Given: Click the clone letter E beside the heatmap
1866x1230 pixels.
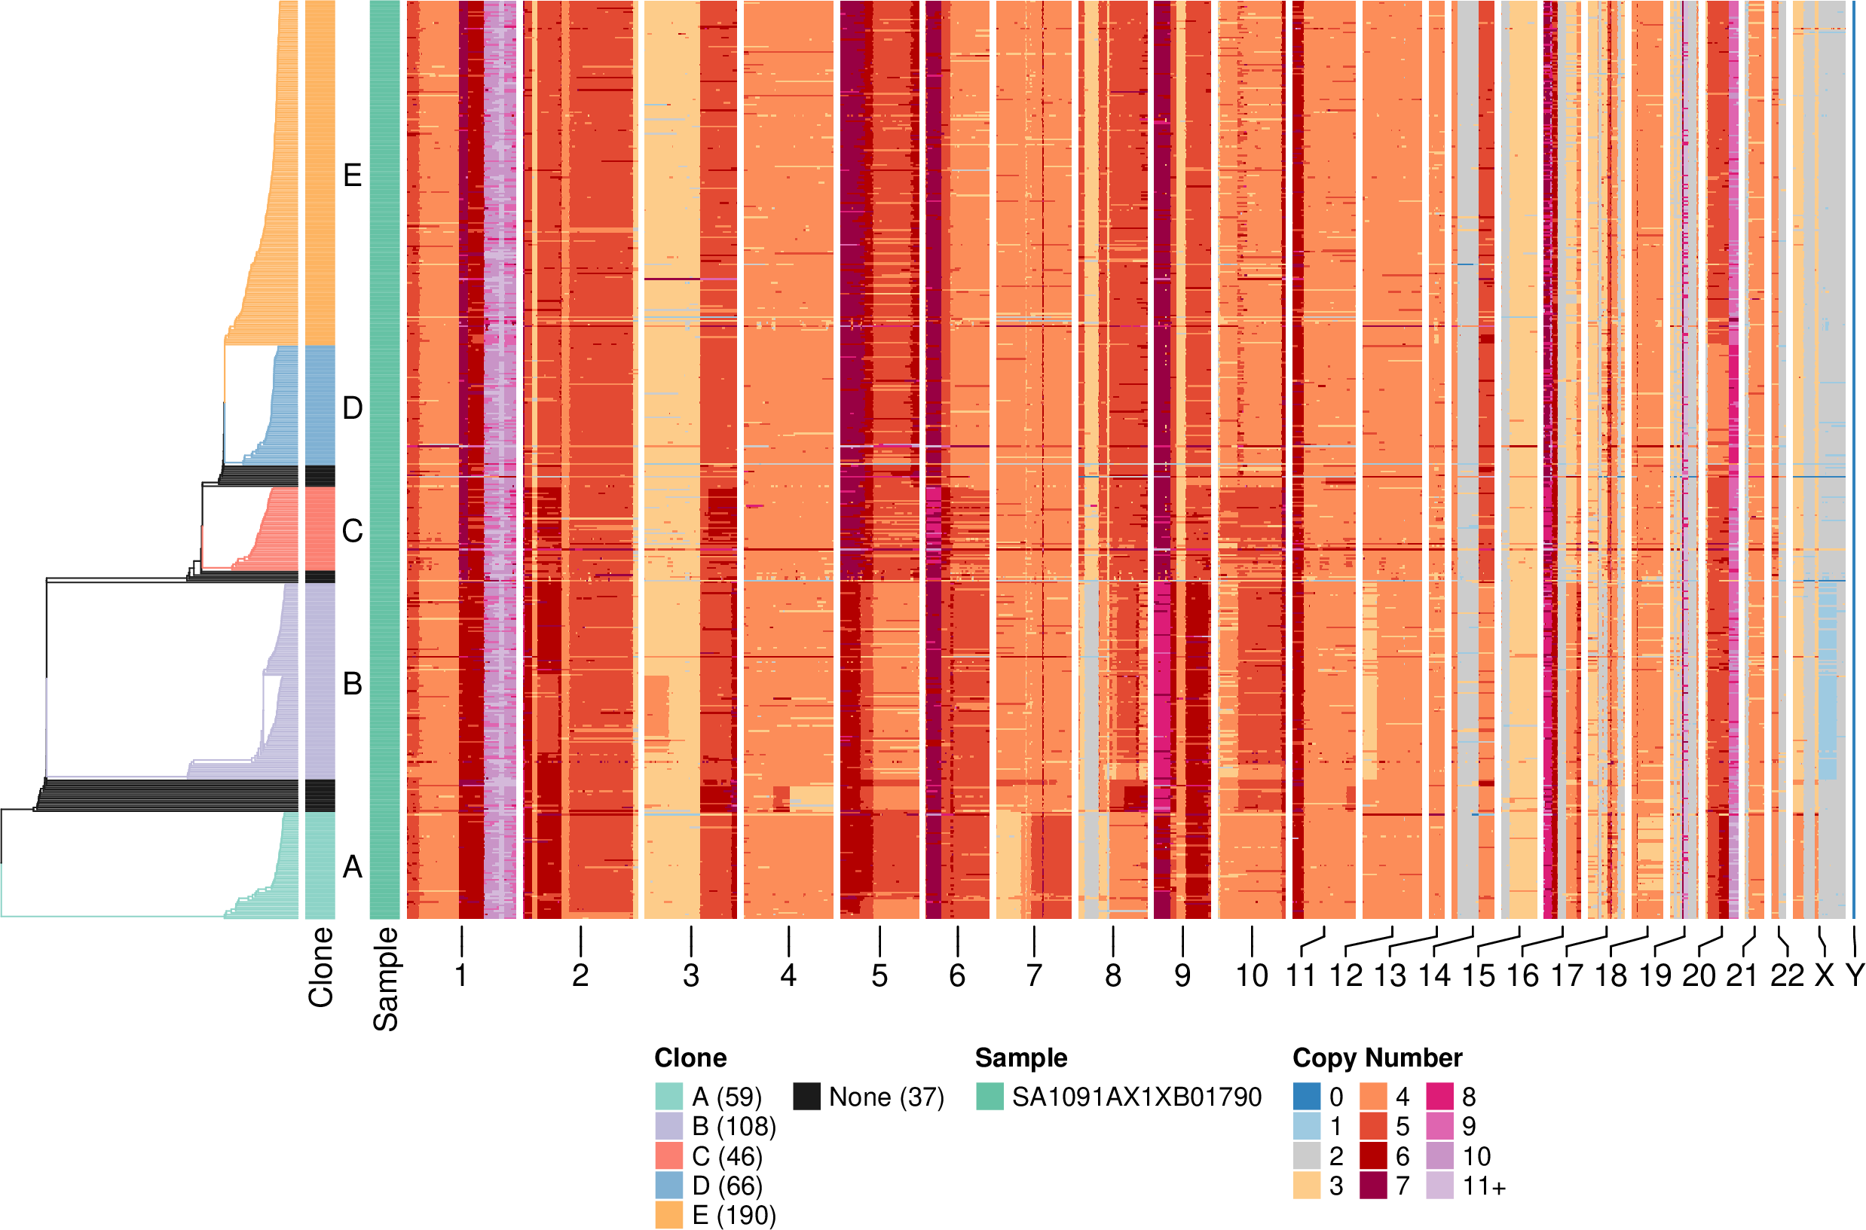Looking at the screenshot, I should pos(353,175).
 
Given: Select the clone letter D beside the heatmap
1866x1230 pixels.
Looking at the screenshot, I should pos(353,409).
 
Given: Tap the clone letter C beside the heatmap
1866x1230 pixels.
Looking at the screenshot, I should pos(353,531).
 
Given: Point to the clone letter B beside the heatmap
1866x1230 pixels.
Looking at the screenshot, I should pos(353,684).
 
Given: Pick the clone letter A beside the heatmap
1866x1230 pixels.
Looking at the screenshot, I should pos(353,867).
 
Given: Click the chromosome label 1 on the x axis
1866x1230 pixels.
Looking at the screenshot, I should pos(461,976).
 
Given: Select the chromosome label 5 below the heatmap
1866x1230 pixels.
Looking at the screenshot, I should pos(879,976).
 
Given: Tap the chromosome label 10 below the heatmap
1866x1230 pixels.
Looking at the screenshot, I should pos(1252,976).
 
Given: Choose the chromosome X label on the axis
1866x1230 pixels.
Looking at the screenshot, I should pos(1825,976).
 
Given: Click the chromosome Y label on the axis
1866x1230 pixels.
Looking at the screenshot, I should pos(1854,976).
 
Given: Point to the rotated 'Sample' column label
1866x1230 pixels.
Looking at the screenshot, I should pos(385,979).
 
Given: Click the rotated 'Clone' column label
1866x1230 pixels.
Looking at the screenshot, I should pos(321,967).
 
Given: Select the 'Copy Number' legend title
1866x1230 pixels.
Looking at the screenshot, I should pos(1377,1058).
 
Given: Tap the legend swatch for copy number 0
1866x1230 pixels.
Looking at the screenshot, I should pos(1307,1097).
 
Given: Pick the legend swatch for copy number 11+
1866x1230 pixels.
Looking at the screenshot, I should pos(1440,1186).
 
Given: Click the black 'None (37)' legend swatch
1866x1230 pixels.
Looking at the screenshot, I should pos(806,1097).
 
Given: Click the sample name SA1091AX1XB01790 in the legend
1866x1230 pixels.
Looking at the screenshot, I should pos(1136,1097).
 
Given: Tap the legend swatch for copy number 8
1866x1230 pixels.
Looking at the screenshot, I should pos(1440,1097).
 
